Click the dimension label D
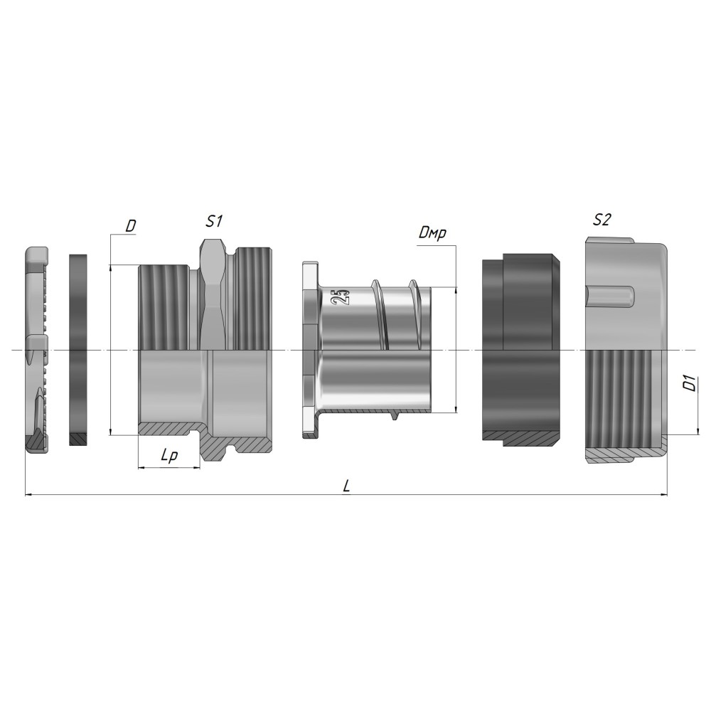[x=131, y=226]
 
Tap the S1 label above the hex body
[x=214, y=221]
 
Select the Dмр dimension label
[x=432, y=233]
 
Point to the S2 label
[x=602, y=220]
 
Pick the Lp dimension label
[x=169, y=456]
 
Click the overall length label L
[x=346, y=486]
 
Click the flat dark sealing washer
[x=78, y=350]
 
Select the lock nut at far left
[x=37, y=350]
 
